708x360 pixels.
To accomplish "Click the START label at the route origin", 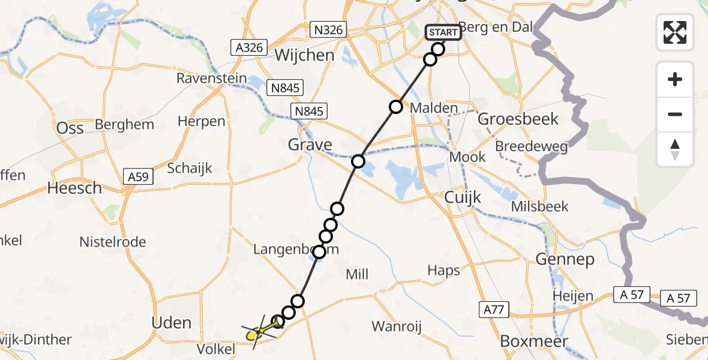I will pos(443,32).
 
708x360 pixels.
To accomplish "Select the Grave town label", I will pos(310,145).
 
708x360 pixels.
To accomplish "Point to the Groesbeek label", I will pos(518,119).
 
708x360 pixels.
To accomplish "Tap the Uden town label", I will pos(172,323).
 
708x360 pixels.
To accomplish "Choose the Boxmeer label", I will pos(530,341).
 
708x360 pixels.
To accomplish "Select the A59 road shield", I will pos(139,176).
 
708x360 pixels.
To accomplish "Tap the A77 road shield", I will pos(494,310).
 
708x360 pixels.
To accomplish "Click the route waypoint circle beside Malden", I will pos(396,107).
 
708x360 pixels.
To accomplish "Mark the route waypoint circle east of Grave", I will pos(358,161).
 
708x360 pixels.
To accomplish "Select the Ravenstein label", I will pos(211,79).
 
